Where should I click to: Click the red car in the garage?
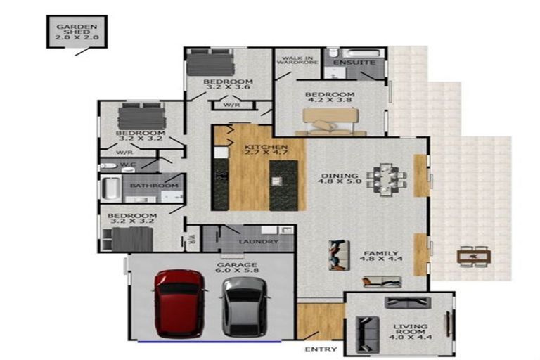point(179,303)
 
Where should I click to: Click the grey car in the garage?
point(245,307)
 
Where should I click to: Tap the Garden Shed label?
point(77,32)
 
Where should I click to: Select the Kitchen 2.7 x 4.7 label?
point(266,150)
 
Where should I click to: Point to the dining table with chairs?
point(387,179)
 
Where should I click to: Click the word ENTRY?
point(321,349)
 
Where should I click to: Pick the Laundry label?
point(258,242)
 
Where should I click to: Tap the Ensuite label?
point(354,63)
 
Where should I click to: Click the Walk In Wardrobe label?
point(297,60)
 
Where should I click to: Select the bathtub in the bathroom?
point(111,188)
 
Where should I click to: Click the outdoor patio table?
point(474,257)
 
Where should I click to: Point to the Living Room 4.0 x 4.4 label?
point(411,331)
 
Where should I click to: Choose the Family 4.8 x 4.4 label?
point(381,256)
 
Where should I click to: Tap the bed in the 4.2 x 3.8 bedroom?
point(330,122)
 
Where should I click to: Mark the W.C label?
point(127,165)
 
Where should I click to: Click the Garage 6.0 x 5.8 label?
point(237,267)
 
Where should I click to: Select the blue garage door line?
point(210,342)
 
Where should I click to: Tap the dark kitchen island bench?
point(284,186)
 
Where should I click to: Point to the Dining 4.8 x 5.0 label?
point(340,178)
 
